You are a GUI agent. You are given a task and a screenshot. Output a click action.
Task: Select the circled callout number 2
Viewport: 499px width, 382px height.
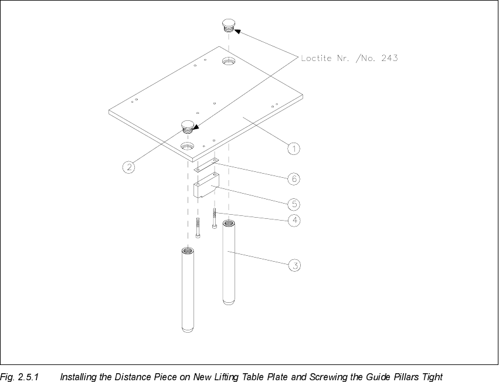(x=128, y=167)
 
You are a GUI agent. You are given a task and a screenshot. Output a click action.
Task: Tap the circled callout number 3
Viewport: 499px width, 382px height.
(x=296, y=266)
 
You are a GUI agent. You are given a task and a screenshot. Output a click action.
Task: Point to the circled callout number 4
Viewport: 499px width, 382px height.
(x=295, y=221)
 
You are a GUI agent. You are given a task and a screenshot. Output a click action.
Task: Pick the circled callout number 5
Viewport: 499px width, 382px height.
(x=294, y=204)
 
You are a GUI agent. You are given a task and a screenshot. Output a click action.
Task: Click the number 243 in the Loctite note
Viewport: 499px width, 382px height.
(x=388, y=58)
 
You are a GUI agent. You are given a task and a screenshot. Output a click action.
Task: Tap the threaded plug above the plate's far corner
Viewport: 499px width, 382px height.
(x=228, y=25)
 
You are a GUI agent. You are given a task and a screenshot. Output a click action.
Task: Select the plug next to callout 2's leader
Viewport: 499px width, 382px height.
(x=187, y=125)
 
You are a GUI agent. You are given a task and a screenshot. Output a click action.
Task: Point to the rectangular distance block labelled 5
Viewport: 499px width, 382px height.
(x=206, y=186)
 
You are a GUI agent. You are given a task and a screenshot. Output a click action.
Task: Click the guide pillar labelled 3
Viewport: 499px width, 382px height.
(x=229, y=261)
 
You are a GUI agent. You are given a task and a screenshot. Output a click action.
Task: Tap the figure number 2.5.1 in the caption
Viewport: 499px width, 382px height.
(x=28, y=376)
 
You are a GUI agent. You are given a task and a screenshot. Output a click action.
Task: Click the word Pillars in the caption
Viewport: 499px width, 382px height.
(x=403, y=376)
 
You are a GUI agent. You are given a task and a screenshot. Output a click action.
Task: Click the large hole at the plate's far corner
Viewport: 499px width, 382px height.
(x=228, y=61)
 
